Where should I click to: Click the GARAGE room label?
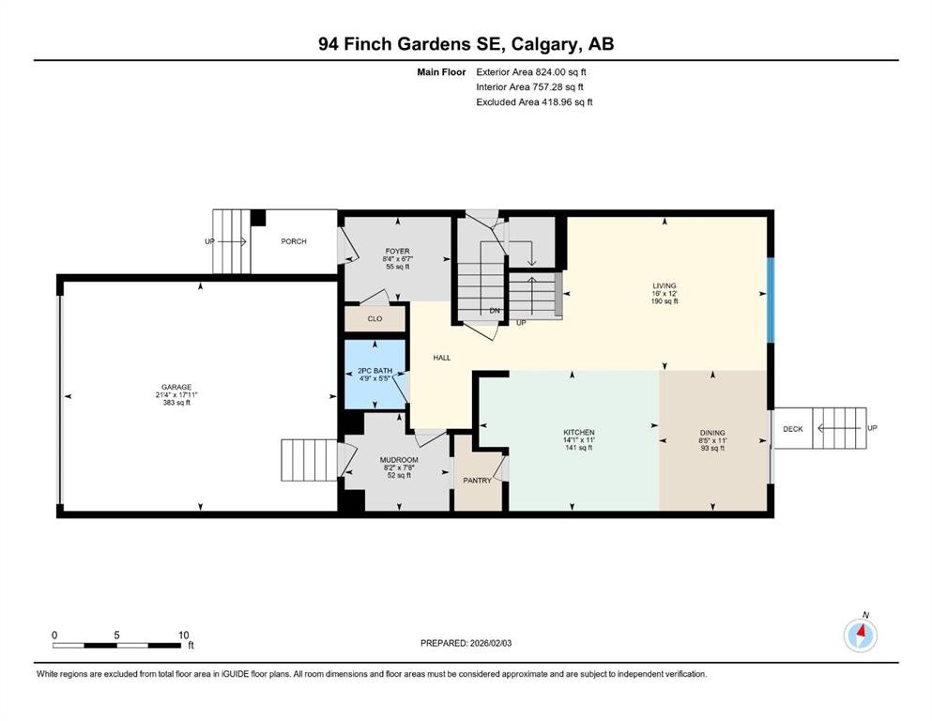pos(176,387)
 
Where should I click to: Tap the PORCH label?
pos(294,241)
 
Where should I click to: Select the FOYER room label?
pos(398,252)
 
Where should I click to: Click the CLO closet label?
pos(375,318)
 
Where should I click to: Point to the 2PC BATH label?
pos(375,371)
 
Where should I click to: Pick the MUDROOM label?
pos(399,460)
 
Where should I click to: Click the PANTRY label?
pos(478,481)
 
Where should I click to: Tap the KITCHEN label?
pos(579,432)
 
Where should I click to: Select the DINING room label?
pos(712,433)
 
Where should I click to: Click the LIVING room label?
pos(665,286)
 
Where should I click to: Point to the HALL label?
pos(442,358)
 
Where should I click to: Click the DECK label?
pos(793,428)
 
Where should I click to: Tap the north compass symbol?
pos(861,635)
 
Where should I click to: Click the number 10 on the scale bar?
pos(184,635)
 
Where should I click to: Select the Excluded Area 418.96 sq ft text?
pos(534,101)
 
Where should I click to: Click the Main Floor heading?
pos(441,72)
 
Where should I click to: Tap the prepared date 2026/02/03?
pos(490,643)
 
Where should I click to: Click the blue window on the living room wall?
pos(771,300)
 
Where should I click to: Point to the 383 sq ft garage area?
pos(176,403)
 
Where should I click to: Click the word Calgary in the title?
pos(545,44)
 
